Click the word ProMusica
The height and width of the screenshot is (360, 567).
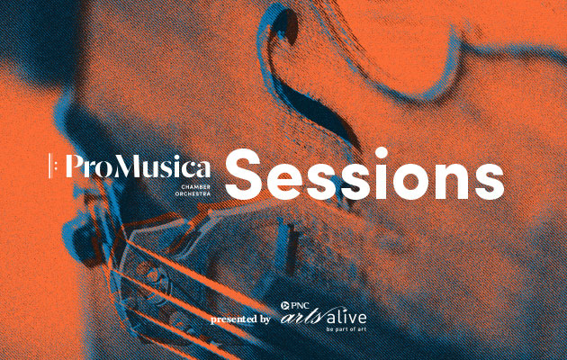pos(138,166)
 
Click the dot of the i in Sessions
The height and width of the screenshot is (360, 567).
pos(382,153)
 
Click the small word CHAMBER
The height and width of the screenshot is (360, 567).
pos(195,187)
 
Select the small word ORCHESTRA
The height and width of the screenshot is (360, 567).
pos(193,194)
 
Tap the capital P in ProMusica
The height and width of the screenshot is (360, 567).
pos(75,166)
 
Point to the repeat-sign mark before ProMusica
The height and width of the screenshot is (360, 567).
pos(51,166)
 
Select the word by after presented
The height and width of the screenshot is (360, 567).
pos(264,319)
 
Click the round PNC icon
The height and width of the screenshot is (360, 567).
pos(284,306)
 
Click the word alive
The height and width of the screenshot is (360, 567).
pos(346,317)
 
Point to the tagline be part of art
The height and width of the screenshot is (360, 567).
pos(346,329)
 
